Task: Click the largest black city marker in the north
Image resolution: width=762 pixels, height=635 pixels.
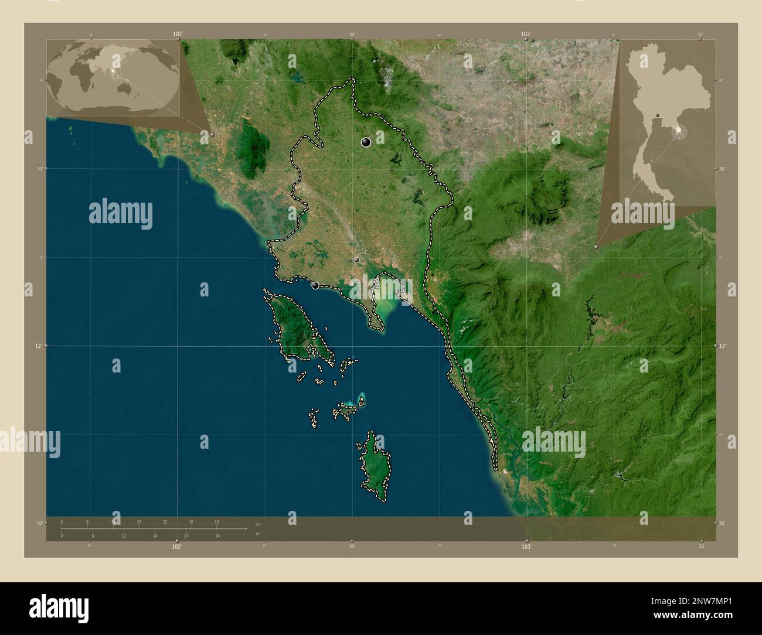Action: [366, 142]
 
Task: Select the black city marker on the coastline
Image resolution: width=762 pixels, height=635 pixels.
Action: [316, 285]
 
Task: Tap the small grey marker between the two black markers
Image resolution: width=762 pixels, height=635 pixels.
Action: [356, 260]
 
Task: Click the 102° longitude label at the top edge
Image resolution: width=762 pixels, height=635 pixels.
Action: [178, 35]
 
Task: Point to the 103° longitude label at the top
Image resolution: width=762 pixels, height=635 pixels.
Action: [526, 35]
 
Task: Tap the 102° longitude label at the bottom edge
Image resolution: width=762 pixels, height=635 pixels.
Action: [176, 547]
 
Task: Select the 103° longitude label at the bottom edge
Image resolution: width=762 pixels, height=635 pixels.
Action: [526, 547]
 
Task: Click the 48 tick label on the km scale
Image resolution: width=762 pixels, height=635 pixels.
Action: [216, 521]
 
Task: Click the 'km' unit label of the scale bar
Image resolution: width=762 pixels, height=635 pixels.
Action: [258, 523]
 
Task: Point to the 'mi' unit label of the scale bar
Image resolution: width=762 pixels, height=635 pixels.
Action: [258, 534]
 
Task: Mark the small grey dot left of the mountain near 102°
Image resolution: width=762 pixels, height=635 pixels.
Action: [212, 135]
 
